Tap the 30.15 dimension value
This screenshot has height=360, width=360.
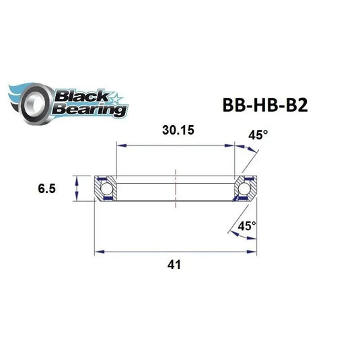coord(176,131)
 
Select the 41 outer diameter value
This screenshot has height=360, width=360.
coord(176,265)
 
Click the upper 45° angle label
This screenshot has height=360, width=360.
coord(258,135)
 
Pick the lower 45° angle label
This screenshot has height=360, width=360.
coord(247,227)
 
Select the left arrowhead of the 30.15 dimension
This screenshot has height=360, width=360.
coord(120,143)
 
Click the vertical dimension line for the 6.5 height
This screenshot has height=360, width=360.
coord(77,188)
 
